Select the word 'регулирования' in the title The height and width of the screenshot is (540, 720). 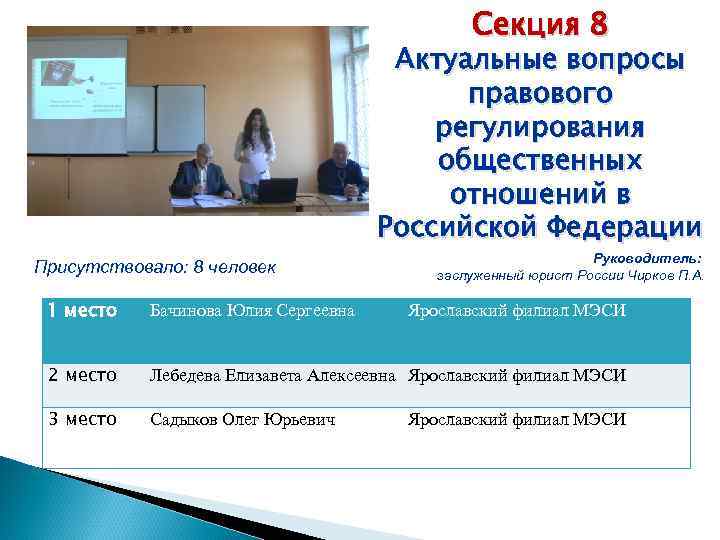point(540,129)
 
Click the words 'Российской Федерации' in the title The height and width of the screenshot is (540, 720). point(540,228)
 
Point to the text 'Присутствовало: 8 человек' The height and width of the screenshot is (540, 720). point(154,268)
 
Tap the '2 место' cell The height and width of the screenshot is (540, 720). point(84,376)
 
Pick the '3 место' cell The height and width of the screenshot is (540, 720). point(84,419)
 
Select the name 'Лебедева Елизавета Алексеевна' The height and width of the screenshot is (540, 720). point(273,376)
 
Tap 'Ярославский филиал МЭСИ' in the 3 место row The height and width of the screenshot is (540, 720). point(516,419)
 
